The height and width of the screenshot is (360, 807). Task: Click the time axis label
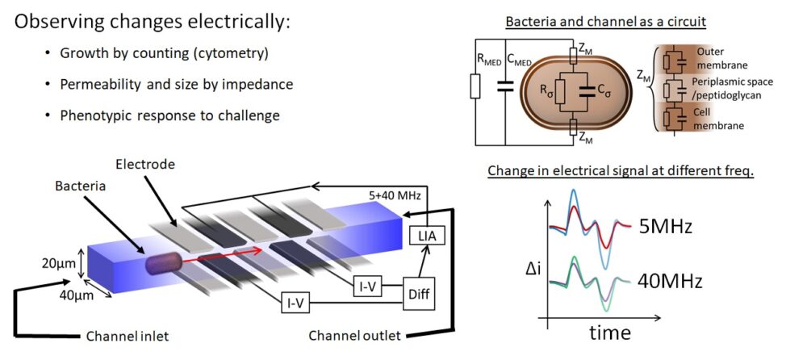(x=609, y=333)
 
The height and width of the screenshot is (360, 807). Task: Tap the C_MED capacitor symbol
(x=505, y=87)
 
